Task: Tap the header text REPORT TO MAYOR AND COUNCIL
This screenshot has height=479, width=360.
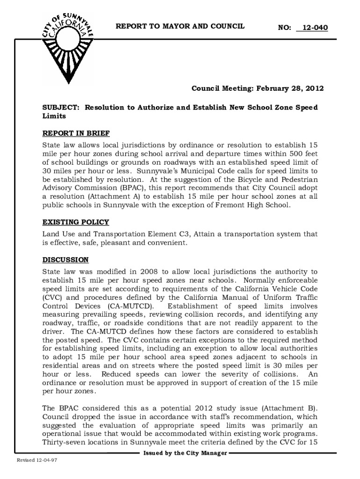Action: (x=180, y=26)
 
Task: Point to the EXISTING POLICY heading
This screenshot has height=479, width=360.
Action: (x=75, y=222)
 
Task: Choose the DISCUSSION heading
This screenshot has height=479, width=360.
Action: (x=65, y=260)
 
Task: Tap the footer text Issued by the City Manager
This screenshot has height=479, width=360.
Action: (x=185, y=453)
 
